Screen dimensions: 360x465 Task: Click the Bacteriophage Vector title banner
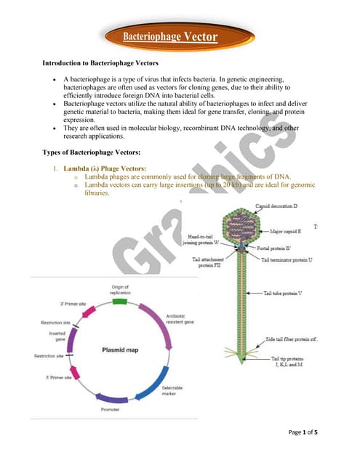(169, 36)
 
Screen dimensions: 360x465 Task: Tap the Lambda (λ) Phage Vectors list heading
(105, 169)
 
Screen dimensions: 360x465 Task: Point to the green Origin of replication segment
(119, 300)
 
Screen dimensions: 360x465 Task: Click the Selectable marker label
(172, 390)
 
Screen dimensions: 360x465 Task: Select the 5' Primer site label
(58, 378)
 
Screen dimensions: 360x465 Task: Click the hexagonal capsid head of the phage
(239, 231)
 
